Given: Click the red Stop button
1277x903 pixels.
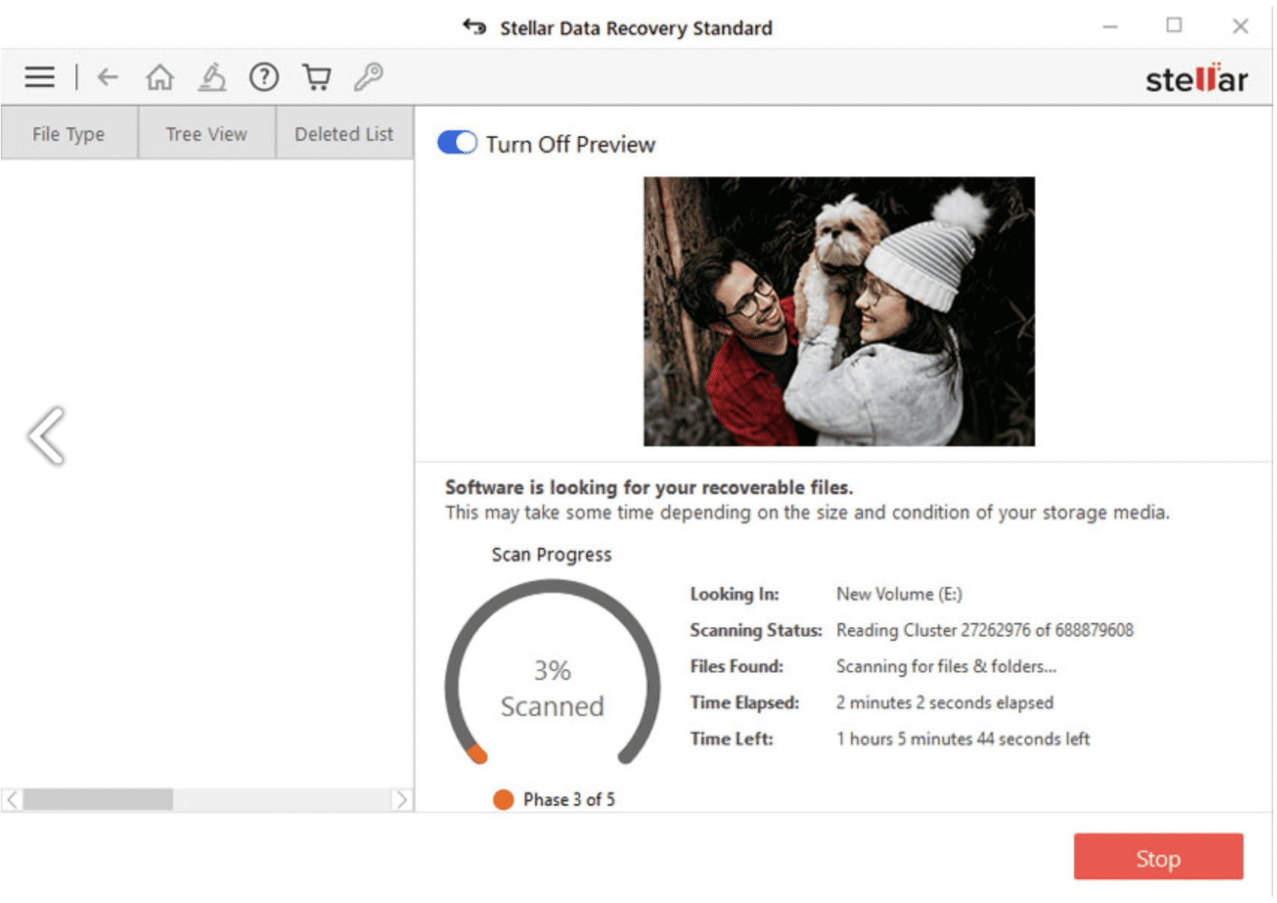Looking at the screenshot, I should [x=1157, y=857].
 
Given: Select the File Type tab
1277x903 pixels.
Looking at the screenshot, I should [x=68, y=134].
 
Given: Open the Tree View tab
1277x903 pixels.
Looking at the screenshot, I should [x=206, y=134].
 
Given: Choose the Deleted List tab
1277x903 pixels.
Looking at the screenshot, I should [x=344, y=134].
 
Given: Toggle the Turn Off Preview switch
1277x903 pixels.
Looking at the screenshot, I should [x=457, y=142].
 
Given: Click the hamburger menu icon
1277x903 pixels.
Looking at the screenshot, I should [x=39, y=76].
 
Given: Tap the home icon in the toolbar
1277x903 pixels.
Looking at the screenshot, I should [x=159, y=76].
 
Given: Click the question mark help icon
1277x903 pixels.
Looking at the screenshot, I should [x=263, y=76].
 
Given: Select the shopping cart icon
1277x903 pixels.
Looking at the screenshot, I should [x=317, y=76].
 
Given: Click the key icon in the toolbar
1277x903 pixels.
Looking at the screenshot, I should [x=369, y=76].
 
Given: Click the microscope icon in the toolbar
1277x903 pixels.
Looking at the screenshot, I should [x=212, y=76].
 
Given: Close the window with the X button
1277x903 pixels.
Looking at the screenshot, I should [x=1240, y=26].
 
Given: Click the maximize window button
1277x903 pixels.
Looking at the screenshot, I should [x=1174, y=25].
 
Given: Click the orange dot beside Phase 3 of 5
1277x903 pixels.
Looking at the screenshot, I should [x=503, y=800].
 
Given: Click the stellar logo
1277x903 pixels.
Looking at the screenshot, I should [x=1195, y=79].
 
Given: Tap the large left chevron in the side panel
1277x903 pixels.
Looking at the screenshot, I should [x=47, y=436].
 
